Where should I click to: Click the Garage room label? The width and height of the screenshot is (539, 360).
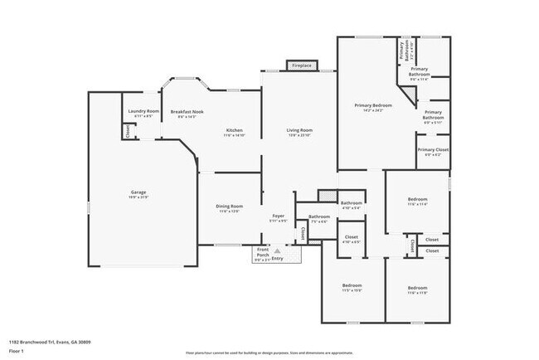click(x=138, y=192)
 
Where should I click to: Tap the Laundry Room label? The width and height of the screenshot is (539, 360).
click(x=141, y=112)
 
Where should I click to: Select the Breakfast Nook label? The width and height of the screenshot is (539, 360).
click(x=187, y=112)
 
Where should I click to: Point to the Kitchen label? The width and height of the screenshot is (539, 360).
click(x=235, y=130)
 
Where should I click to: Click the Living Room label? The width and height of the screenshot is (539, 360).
click(x=299, y=130)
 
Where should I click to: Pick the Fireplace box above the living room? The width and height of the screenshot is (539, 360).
click(x=301, y=65)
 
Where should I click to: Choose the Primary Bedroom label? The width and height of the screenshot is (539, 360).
click(x=373, y=105)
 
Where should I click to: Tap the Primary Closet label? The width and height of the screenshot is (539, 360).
click(x=432, y=151)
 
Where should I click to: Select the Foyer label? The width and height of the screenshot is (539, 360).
click(x=279, y=216)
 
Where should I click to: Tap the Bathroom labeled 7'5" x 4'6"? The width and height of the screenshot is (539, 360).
click(x=319, y=217)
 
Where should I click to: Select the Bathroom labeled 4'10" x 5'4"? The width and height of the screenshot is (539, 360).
click(x=351, y=202)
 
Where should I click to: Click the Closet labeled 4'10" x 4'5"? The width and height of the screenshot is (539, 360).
click(x=351, y=237)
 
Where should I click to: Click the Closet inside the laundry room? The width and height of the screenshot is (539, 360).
click(x=127, y=131)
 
